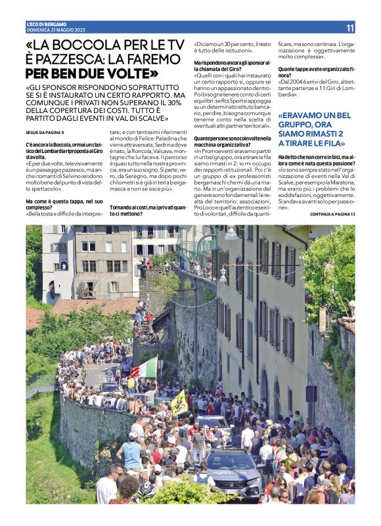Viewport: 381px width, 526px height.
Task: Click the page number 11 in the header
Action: point(349,28)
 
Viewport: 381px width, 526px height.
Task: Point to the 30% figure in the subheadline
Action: point(174,103)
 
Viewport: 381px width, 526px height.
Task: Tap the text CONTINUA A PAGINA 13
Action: point(332,214)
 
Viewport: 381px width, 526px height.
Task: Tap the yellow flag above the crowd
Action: point(179,402)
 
